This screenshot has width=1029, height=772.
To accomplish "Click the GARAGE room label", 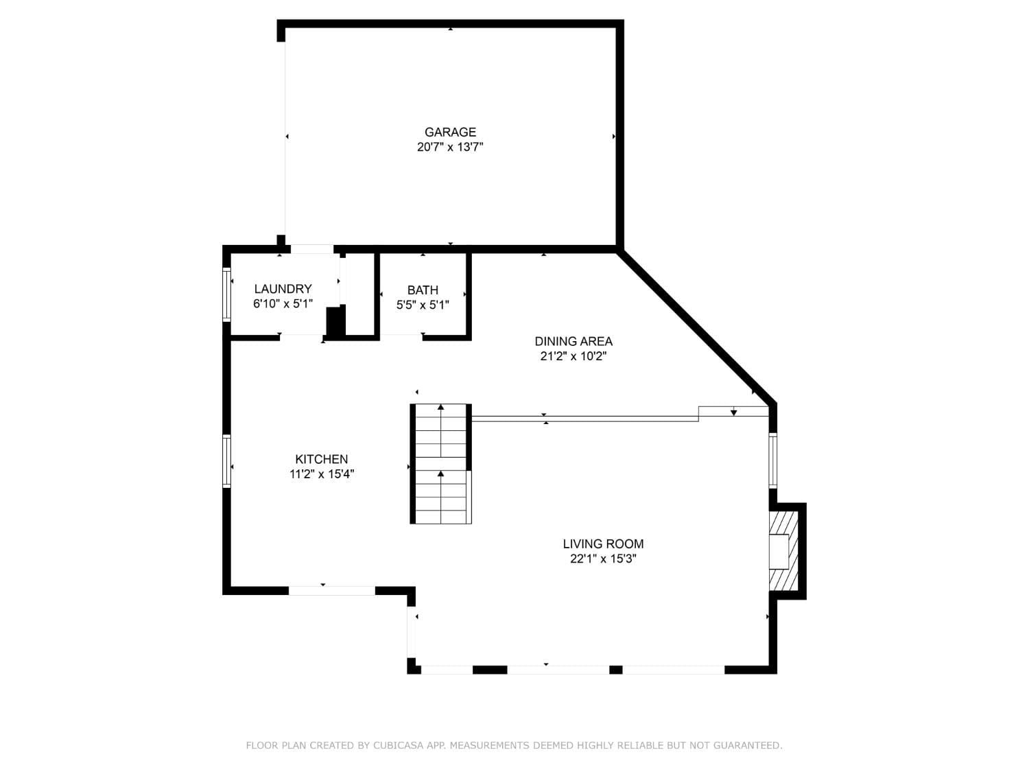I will coord(450,132).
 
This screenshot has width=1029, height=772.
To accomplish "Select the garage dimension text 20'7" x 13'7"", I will coord(450,147).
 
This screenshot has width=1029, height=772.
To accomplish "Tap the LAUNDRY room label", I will coord(283,289).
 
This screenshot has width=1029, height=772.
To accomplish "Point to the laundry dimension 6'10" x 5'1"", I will coord(283,304).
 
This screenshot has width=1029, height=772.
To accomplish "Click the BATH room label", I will coord(423,290).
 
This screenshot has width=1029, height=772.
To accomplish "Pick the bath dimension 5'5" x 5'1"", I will coord(423,305).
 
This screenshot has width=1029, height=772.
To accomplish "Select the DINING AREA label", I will coord(573,341).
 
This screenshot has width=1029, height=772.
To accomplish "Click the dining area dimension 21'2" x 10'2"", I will coord(573,356).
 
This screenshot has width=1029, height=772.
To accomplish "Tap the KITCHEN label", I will coord(321,459).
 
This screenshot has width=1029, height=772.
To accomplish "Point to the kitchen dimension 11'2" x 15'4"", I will coord(321,474).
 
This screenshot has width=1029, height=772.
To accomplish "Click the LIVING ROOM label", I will coord(603,543).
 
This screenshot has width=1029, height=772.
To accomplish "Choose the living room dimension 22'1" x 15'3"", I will coord(603,559).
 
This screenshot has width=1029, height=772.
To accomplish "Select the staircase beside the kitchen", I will coord(441,465).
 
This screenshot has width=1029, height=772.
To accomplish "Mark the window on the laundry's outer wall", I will coord(226,294).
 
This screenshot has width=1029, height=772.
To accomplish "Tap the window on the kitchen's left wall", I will coord(226,461).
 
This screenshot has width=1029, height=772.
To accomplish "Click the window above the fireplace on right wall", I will coord(773,460).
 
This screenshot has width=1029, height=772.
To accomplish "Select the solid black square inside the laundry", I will coord(334,322).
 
